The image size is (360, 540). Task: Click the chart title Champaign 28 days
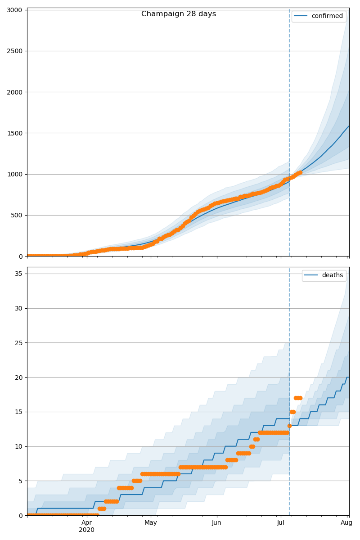pyautogui.click(x=179, y=14)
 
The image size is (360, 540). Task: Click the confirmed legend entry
pyautogui.click(x=319, y=16)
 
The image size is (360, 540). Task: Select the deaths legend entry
pyautogui.click(x=324, y=275)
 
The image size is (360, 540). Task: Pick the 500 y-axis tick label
pyautogui.click(x=17, y=215)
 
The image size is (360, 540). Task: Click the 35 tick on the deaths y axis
pyautogui.click(x=18, y=274)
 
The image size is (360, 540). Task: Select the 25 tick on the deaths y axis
pyautogui.click(x=18, y=343)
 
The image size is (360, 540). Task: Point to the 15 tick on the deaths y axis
pyautogui.click(x=18, y=412)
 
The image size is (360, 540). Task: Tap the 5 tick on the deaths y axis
pyautogui.click(x=20, y=481)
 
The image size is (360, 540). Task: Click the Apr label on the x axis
pyautogui.click(x=87, y=522)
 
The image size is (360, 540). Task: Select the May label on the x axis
pyautogui.click(x=151, y=522)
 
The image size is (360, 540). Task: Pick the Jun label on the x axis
pyautogui.click(x=216, y=522)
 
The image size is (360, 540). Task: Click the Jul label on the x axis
pyautogui.click(x=281, y=522)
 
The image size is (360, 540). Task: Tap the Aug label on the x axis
pyautogui.click(x=346, y=522)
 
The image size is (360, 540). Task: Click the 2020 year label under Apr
pyautogui.click(x=87, y=530)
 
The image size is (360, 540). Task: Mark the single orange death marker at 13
pyautogui.click(x=289, y=426)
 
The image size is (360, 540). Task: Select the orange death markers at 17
pyautogui.click(x=298, y=398)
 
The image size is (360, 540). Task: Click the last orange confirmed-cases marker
pyautogui.click(x=300, y=172)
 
